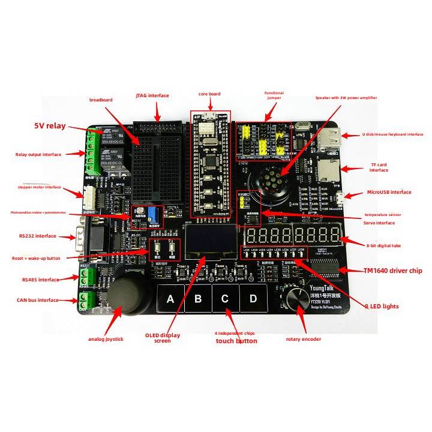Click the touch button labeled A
point(170,298)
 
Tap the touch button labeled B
point(198,298)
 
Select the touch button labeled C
point(225,298)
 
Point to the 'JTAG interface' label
point(152,95)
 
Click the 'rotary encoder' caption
point(303,339)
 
